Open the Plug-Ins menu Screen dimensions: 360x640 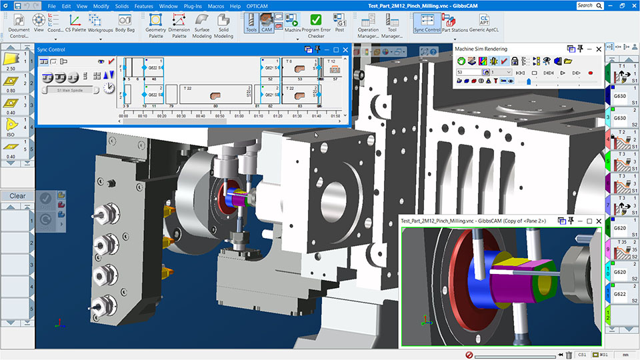tap(193, 6)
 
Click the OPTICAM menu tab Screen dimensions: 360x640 tap(257, 6)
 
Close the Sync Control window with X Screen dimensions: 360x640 tap(346, 49)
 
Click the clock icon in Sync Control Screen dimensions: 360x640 tap(109, 88)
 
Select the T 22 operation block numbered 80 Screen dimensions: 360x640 tap(214, 97)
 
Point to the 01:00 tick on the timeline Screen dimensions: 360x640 tap(239, 115)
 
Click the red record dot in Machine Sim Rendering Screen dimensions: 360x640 tap(590, 72)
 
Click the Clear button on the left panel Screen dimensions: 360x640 tap(17, 196)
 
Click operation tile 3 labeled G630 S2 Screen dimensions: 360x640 tap(621, 119)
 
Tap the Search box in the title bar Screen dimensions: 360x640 tap(587, 5)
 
